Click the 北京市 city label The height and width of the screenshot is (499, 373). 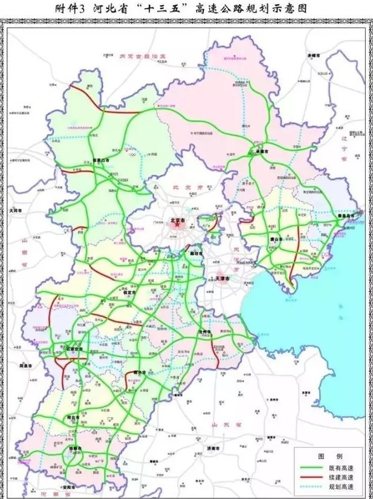178,220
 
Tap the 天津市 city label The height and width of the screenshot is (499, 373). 224,278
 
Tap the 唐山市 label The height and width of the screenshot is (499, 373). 278,240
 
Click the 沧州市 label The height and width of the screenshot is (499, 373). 204,332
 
